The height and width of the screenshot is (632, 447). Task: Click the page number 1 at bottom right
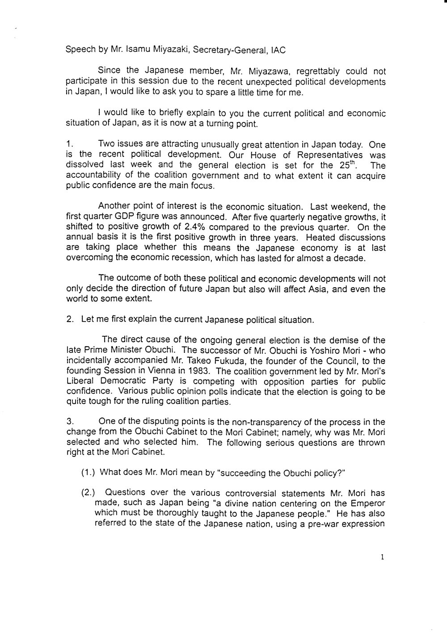pos(383,557)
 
